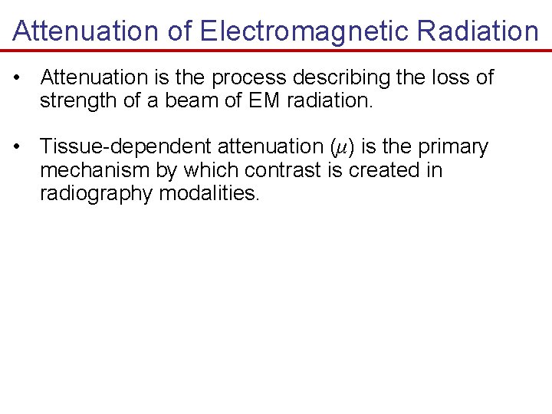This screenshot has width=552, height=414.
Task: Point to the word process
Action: coord(247,78)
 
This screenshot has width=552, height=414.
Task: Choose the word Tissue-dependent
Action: coord(125,146)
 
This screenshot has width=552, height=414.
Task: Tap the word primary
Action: coord(453,147)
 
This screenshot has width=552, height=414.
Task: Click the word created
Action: coord(385,169)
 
